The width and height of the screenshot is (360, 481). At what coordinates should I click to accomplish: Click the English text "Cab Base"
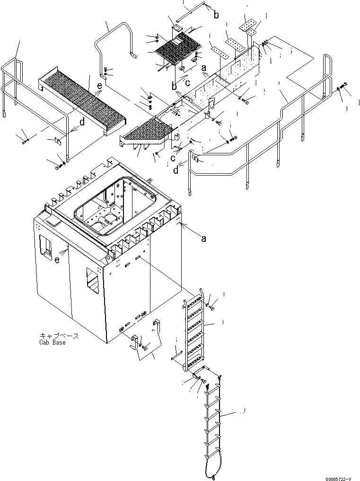[x=53, y=342]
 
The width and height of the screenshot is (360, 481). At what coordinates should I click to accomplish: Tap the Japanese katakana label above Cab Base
[x=59, y=336]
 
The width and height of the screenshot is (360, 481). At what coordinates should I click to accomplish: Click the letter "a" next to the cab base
[x=203, y=239]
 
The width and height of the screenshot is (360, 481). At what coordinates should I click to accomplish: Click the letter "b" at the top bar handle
[x=216, y=16]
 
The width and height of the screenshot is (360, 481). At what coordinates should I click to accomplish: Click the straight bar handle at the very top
[x=191, y=11]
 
